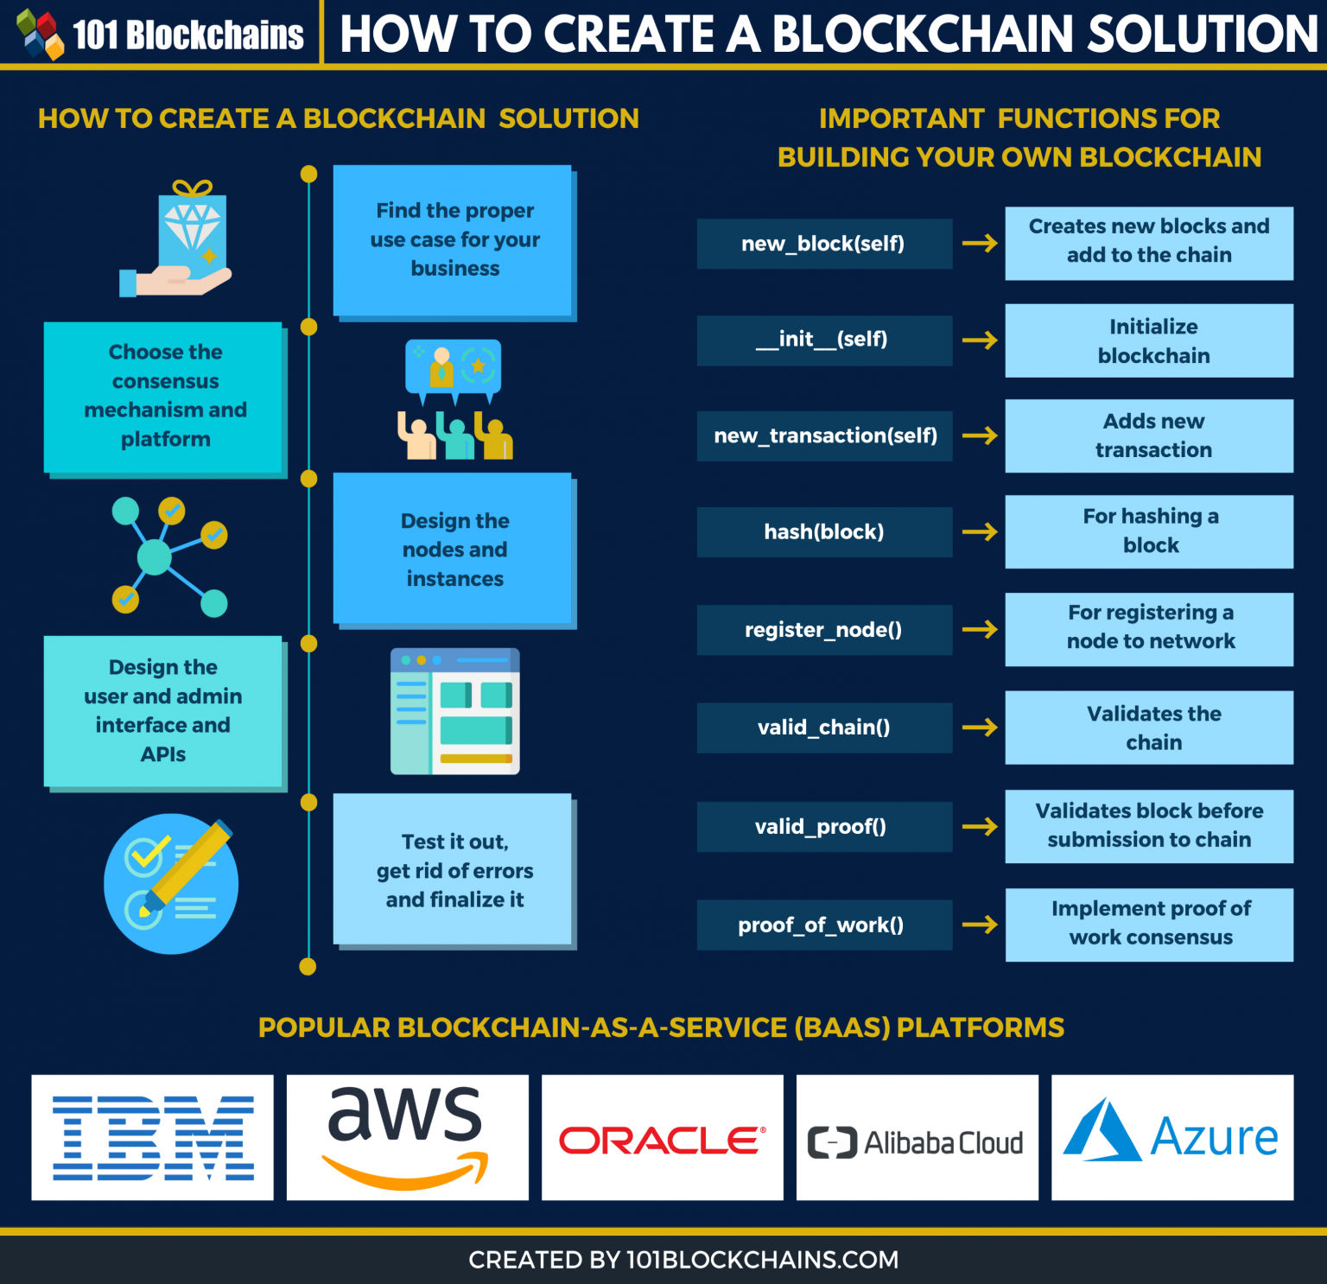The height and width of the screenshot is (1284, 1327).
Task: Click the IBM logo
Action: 153,1137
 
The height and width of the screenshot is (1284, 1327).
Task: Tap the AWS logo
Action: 406,1137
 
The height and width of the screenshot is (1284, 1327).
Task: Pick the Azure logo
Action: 1171,1135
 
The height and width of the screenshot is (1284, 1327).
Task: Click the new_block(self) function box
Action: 823,244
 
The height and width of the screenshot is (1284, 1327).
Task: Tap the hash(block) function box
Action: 823,531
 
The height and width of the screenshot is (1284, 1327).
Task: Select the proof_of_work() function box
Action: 823,925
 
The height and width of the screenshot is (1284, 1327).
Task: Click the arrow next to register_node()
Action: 980,629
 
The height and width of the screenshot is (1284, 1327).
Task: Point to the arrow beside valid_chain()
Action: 980,728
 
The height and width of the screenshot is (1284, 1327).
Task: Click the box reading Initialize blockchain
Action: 1149,340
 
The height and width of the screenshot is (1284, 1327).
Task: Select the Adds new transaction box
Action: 1149,435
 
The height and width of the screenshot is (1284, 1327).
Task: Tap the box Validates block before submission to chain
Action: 1149,825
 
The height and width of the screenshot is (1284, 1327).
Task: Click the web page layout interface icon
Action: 455,710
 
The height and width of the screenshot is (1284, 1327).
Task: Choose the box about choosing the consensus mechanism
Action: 164,397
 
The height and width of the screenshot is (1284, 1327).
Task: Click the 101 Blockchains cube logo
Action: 40,33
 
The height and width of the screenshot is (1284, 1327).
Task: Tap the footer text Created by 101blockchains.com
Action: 683,1260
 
